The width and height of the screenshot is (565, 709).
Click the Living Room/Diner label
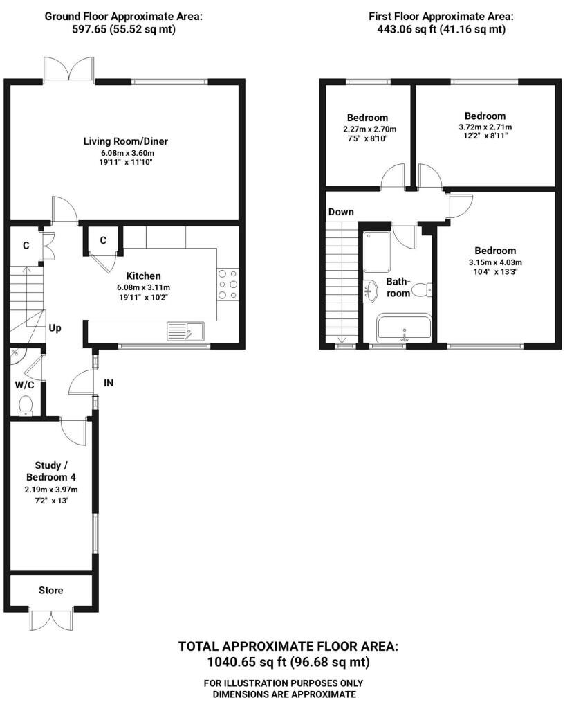click(x=126, y=141)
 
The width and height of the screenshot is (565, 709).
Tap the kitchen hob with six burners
click(x=228, y=285)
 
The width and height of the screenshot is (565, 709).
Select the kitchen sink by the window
click(x=185, y=331)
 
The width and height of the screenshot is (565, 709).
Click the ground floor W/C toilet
click(x=26, y=405)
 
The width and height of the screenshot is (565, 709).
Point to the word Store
click(x=50, y=590)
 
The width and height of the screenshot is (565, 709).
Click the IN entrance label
click(x=109, y=383)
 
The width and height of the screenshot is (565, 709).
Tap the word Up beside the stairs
click(x=55, y=327)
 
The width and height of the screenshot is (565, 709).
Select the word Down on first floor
click(x=341, y=212)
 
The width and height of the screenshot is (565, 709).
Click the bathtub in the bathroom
click(x=405, y=328)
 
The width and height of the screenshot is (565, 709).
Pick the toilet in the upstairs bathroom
click(x=422, y=289)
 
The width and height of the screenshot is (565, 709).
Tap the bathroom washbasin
click(x=371, y=291)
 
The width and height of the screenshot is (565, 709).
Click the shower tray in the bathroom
click(x=377, y=251)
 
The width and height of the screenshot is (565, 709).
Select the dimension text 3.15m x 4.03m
click(x=495, y=262)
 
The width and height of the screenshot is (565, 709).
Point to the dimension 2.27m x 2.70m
click(x=369, y=129)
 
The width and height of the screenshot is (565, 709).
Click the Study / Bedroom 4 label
click(x=50, y=471)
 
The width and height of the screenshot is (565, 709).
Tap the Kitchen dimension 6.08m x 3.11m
click(x=144, y=287)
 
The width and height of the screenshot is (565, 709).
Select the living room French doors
click(x=69, y=70)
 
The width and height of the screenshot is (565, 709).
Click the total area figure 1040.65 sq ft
click(x=247, y=663)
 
